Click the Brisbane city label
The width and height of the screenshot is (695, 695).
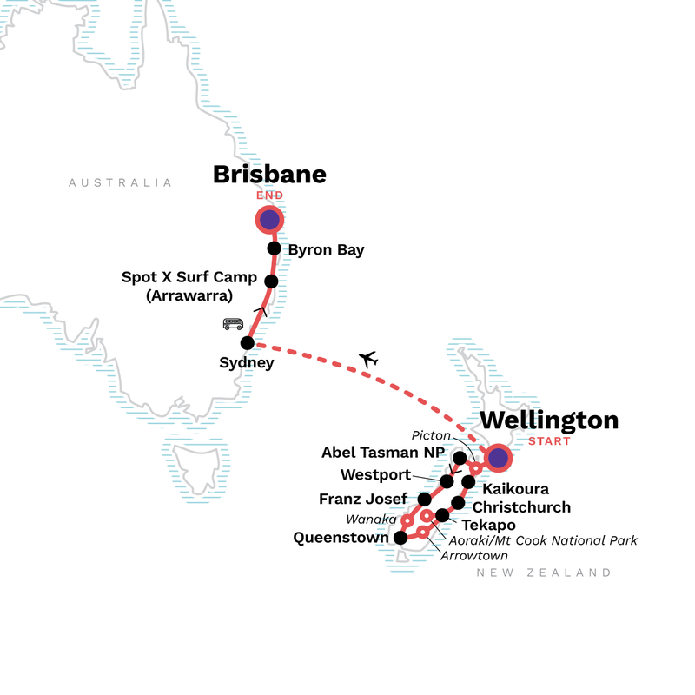(269, 175)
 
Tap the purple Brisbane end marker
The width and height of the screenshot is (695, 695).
(269, 220)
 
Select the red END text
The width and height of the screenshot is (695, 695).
(269, 196)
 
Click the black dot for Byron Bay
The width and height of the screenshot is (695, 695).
(274, 248)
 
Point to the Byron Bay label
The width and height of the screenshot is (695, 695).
(326, 250)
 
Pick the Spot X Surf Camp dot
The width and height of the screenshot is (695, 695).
(271, 281)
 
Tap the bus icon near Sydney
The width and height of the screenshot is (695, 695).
(233, 324)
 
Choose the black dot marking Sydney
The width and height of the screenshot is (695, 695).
(248, 342)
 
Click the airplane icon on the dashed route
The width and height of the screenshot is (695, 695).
(368, 358)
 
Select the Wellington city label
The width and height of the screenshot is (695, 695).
(549, 420)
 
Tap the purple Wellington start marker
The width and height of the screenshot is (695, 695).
(499, 457)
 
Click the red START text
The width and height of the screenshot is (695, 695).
(549, 441)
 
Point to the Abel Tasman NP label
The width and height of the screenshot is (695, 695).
(382, 453)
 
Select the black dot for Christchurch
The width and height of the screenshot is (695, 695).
(458, 503)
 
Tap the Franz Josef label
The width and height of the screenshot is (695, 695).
(362, 500)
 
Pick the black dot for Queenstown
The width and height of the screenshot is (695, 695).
(400, 538)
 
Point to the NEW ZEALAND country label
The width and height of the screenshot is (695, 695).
(544, 573)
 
